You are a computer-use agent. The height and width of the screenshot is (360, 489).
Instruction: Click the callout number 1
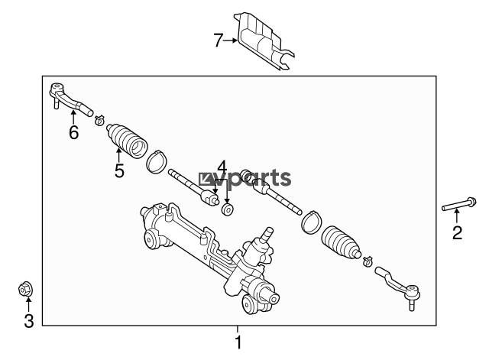(x=238, y=342)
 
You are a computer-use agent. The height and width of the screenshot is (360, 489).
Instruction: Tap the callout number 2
(x=457, y=232)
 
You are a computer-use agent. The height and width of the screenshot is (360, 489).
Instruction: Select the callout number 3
(x=29, y=321)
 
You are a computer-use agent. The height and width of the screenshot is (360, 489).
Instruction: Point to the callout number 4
(x=222, y=167)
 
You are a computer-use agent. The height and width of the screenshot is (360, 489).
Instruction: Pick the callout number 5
(x=119, y=170)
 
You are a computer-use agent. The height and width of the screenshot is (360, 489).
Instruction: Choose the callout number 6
(x=73, y=132)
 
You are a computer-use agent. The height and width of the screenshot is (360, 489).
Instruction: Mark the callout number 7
(x=219, y=41)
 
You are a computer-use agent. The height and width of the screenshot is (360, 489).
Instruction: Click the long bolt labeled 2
(x=458, y=204)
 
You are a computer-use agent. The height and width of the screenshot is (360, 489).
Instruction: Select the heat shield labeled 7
(x=265, y=41)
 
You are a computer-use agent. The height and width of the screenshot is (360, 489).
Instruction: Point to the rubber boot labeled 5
(x=127, y=141)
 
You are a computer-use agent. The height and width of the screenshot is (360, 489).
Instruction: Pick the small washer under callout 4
(x=228, y=209)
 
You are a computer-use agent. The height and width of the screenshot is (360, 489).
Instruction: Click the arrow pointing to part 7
(x=230, y=41)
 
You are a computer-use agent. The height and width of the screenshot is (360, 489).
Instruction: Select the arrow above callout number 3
(x=28, y=305)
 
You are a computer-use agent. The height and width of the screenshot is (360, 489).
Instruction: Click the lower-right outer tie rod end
(x=398, y=287)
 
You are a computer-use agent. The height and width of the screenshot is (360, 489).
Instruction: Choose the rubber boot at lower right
(x=341, y=242)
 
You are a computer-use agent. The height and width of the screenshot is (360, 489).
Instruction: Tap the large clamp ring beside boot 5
(x=156, y=161)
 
